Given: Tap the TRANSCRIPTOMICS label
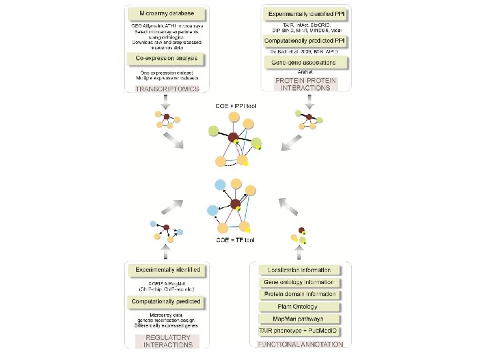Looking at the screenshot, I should (x=165, y=88).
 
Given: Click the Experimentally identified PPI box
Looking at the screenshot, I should (x=309, y=13).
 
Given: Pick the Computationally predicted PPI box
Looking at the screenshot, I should (x=309, y=40).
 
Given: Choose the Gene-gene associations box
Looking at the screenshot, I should (x=309, y=62).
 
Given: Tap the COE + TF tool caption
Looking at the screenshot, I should (x=235, y=239).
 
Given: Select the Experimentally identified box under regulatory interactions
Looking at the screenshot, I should (x=168, y=270).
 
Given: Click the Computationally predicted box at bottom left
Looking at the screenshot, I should (x=168, y=302).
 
